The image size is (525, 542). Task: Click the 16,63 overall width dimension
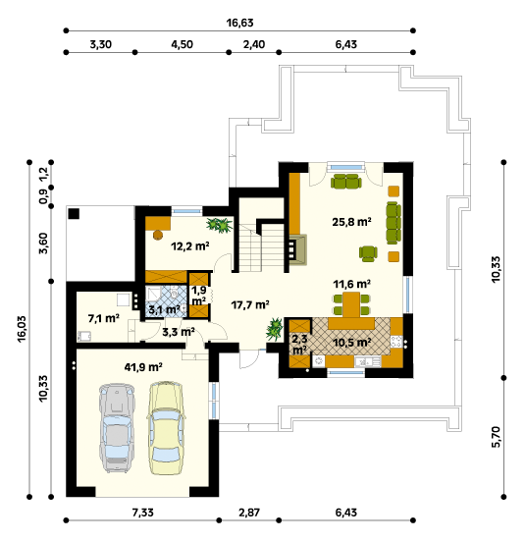(x=239, y=23)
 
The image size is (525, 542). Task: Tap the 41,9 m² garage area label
(x=143, y=367)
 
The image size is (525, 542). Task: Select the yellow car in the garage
(x=166, y=427)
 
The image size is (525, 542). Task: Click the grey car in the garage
(x=117, y=427)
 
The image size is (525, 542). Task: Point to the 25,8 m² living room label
(x=351, y=222)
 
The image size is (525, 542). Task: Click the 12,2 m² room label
(x=190, y=246)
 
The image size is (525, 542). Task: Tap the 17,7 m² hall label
(x=250, y=304)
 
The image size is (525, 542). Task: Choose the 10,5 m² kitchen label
(x=352, y=343)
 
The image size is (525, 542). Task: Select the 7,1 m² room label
(x=104, y=318)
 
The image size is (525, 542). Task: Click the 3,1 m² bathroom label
(x=165, y=309)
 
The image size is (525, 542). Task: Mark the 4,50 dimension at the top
(x=182, y=44)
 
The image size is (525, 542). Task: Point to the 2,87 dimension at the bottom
(x=249, y=513)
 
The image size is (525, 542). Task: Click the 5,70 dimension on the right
(x=496, y=437)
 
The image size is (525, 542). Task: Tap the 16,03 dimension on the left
(x=22, y=329)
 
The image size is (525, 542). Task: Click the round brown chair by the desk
(x=158, y=235)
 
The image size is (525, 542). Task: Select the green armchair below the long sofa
(x=368, y=253)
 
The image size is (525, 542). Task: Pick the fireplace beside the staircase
(x=297, y=249)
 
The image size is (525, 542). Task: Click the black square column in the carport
(x=74, y=214)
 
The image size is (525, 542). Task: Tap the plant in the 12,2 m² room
(x=220, y=225)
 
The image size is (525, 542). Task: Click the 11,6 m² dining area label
(x=351, y=284)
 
